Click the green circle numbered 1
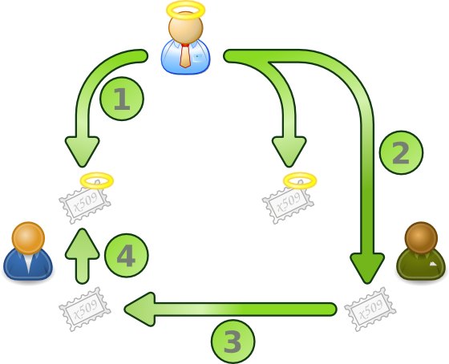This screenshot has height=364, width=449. pyautogui.click(x=122, y=99)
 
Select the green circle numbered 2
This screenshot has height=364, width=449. pyautogui.click(x=401, y=152)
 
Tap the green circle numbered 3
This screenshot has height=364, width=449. pyautogui.click(x=233, y=342)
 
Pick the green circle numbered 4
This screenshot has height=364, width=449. pyautogui.click(x=127, y=255)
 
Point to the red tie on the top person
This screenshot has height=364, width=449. pyautogui.click(x=185, y=55)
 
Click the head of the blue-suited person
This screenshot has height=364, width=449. pyautogui.click(x=28, y=238)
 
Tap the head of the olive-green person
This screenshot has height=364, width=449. pyautogui.click(x=421, y=238)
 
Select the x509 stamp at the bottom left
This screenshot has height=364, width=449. pyautogui.click(x=85, y=309)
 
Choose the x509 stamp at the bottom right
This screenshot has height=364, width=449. pyautogui.click(x=370, y=309)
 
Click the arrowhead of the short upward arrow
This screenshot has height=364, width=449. pyautogui.click(x=82, y=244)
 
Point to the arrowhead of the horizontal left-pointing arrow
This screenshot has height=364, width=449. pyautogui.click(x=140, y=309)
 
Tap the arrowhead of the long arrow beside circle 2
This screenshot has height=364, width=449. pyautogui.click(x=367, y=268)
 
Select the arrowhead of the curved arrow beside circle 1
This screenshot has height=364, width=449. pyautogui.click(x=82, y=152)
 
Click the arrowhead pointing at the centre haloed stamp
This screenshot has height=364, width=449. pyautogui.click(x=289, y=152)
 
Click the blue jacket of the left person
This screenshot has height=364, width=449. pyautogui.click(x=28, y=265)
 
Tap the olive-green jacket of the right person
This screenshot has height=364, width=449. pyautogui.click(x=421, y=265)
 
